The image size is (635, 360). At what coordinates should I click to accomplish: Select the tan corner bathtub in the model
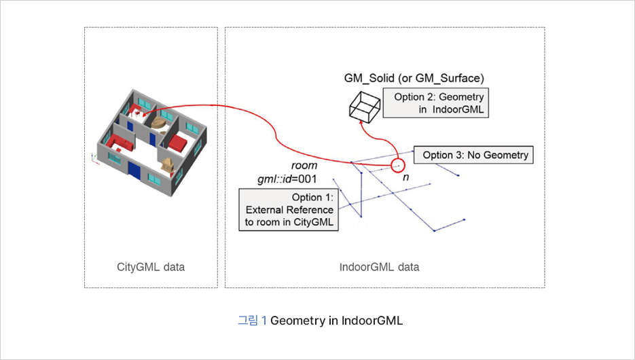coord(160,122)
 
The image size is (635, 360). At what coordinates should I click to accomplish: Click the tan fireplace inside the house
coord(168,164)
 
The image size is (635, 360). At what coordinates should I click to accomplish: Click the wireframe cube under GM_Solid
coord(365,108)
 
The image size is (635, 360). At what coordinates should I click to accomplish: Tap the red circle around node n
coord(397,164)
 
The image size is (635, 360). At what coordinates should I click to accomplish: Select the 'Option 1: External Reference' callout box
coord(289,210)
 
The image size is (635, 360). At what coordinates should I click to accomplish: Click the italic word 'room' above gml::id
coord(304,166)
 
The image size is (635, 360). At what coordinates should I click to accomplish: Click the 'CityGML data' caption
coord(151,267)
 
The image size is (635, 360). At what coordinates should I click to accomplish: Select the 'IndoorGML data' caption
coord(379,267)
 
